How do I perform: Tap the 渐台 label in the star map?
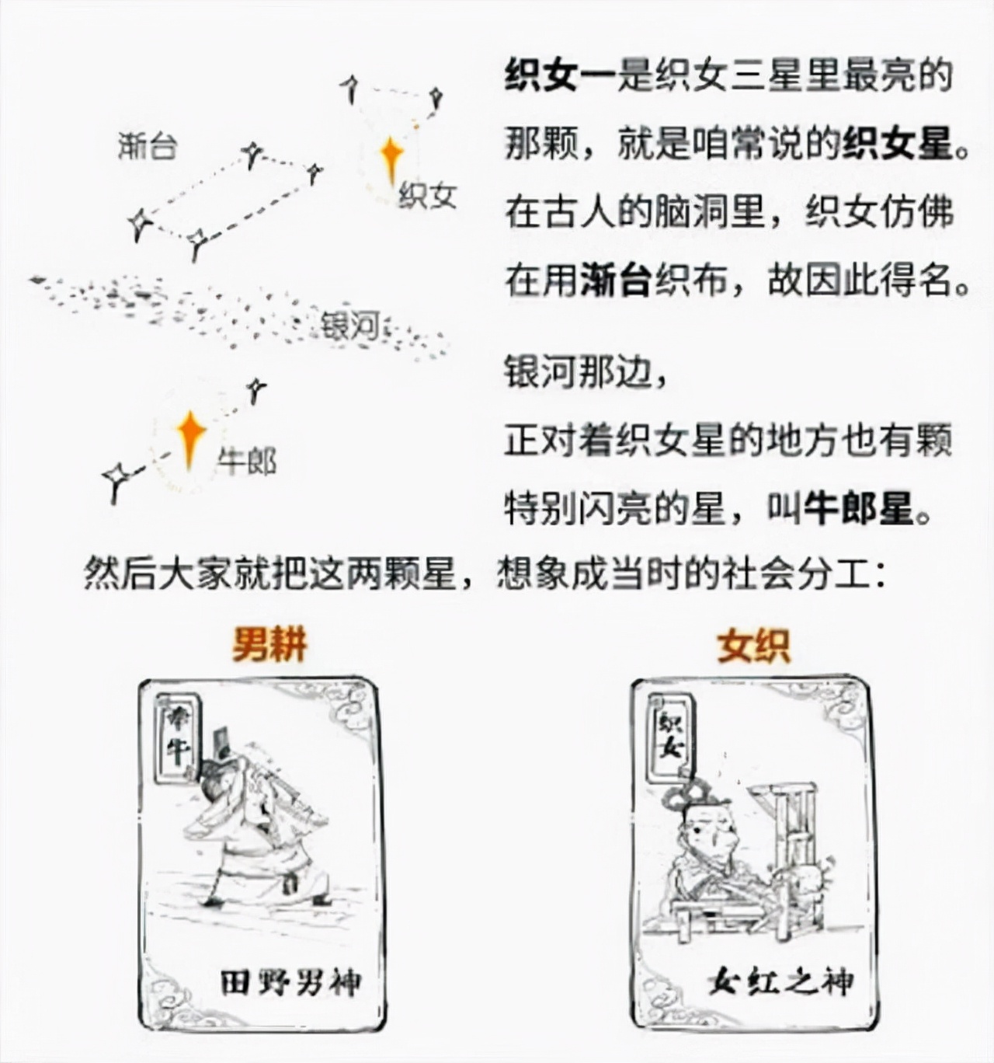148,145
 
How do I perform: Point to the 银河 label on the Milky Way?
350,325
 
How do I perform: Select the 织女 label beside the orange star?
426,195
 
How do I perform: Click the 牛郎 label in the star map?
247,462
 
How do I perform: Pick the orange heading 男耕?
269,645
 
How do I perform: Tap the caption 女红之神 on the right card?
780,981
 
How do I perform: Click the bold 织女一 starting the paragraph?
560,77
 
